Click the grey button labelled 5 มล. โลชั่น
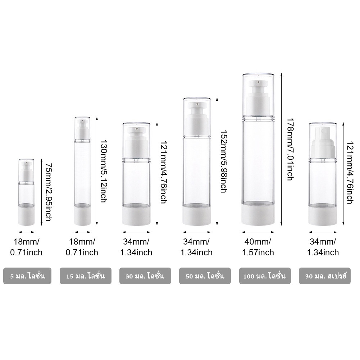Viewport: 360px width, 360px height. pyautogui.click(x=27, y=276)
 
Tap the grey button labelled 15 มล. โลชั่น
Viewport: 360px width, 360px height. pyautogui.click(x=86, y=276)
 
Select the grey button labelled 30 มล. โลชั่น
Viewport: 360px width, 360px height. pyautogui.click(x=145, y=276)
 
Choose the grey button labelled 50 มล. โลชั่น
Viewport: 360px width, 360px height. pyautogui.click(x=205, y=276)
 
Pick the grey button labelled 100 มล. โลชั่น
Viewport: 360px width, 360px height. pyautogui.click(x=265, y=276)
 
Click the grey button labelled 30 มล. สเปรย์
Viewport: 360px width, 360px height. pyautogui.click(x=325, y=276)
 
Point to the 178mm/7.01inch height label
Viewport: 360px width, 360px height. pyautogui.click(x=290, y=150)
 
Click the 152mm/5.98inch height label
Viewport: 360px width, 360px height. pyautogui.click(x=224, y=161)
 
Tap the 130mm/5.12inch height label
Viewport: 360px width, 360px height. pyautogui.click(x=104, y=171)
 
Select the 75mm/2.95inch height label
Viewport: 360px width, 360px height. pyautogui.click(x=49, y=192)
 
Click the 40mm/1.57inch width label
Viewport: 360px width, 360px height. pyautogui.click(x=258, y=247)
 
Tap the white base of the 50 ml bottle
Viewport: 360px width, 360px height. pyautogui.click(x=197, y=216)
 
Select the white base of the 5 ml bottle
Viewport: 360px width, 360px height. pyautogui.click(x=26, y=217)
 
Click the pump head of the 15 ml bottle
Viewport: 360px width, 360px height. pyautogui.click(x=82, y=129)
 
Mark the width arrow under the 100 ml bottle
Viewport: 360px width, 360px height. pyautogui.click(x=258, y=232)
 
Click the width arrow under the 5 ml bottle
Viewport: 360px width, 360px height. pyautogui.click(x=26, y=232)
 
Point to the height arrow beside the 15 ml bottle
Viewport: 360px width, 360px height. pyautogui.click(x=97, y=171)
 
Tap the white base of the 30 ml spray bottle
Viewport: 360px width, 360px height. pyautogui.click(x=323, y=216)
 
